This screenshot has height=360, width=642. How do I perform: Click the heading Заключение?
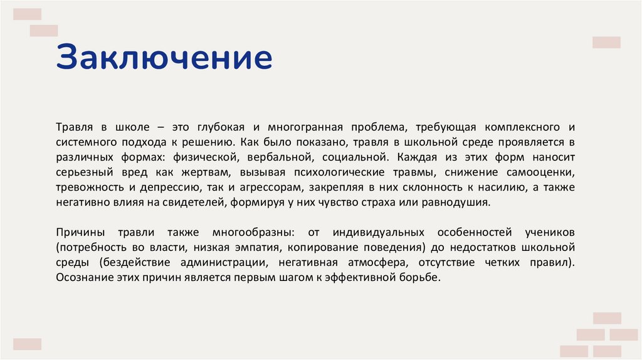164,58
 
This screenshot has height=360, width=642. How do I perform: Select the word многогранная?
293,127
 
